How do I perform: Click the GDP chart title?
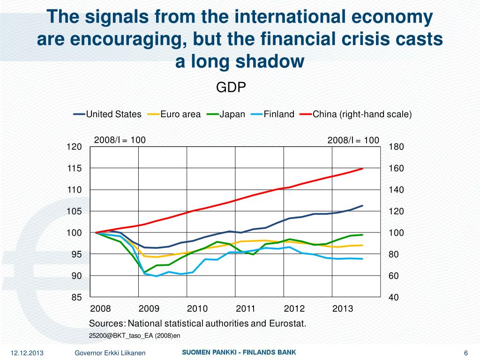(231, 88)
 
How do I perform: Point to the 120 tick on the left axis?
(74, 147)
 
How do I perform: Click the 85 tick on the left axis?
(76, 297)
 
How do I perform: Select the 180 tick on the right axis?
(397, 147)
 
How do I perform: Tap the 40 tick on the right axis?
(394, 297)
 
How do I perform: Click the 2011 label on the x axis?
(245, 309)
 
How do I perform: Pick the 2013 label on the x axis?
(343, 309)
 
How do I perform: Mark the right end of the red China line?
(363, 168)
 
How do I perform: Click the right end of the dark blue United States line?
(363, 205)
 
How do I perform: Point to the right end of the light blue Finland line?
(363, 259)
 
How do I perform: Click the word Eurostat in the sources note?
(287, 323)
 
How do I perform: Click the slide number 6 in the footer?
(466, 353)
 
